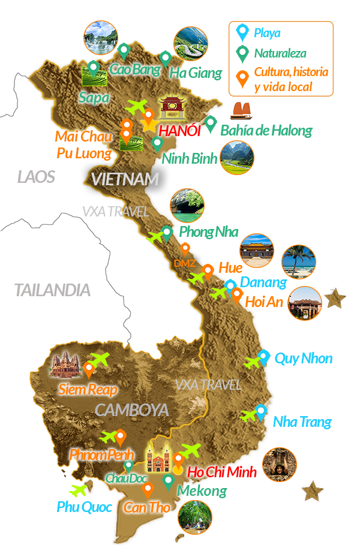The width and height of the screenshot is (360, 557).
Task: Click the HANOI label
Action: coord(179,131)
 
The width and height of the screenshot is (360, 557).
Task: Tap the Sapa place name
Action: coord(94,97)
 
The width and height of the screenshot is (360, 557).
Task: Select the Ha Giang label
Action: coord(196,73)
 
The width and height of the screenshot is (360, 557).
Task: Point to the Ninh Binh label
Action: coord(189,159)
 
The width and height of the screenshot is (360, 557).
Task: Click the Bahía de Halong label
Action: coord(266,130)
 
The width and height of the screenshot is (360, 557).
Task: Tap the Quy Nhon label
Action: coord(303,359)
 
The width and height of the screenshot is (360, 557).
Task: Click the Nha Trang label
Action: coord(302,421)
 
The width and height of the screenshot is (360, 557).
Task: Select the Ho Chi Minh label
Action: coord(222,472)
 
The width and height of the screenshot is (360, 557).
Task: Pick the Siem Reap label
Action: coord(88,389)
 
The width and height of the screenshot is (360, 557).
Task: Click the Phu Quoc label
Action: coord(85,507)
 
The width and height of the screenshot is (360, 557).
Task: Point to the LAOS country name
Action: coord(36,177)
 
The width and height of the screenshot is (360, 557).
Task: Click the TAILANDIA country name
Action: coord(52,290)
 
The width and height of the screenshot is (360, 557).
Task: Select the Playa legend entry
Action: coord(267,32)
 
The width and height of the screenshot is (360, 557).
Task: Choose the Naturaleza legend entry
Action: coord(280,53)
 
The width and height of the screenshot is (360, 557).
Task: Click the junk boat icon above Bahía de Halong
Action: coord(241,112)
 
